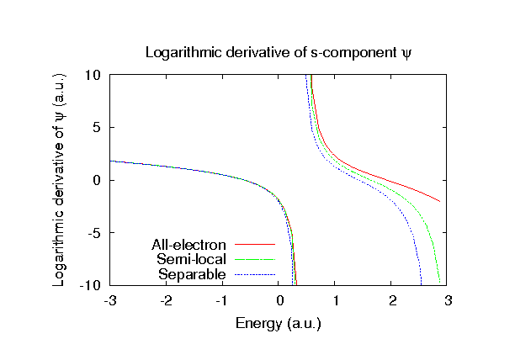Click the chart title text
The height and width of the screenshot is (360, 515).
279,52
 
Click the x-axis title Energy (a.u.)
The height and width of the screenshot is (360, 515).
279,323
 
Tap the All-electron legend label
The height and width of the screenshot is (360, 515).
189,246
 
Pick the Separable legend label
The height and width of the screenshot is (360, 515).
193,274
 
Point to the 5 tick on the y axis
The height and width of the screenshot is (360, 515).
98,128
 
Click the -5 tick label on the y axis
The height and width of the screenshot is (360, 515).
96,233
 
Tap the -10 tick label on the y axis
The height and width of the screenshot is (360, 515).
93,286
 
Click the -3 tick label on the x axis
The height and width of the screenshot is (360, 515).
109,300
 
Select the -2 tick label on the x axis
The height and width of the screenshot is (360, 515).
165,300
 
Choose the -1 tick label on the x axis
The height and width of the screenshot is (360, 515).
221,300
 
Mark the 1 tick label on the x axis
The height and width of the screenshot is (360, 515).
336,300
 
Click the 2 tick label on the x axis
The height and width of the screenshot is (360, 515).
392,300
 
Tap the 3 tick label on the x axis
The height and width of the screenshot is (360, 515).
449,300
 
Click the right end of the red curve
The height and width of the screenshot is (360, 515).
439,201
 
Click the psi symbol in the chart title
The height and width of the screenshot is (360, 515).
406,53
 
